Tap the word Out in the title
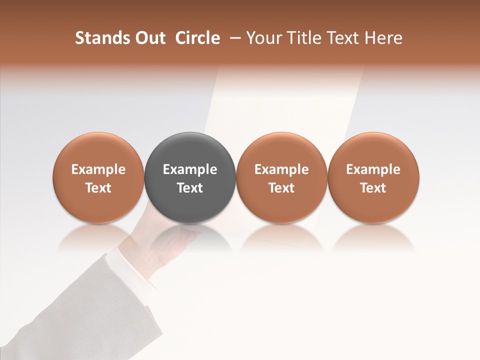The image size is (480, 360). click(x=149, y=38)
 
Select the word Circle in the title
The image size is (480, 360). click(x=197, y=38)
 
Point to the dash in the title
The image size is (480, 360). click(x=233, y=38)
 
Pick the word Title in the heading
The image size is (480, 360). click(x=303, y=38)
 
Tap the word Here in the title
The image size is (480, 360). click(x=383, y=38)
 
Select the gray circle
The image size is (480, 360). click(x=190, y=150)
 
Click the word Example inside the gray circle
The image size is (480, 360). click(x=190, y=169)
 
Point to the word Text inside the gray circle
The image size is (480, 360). click(x=190, y=188)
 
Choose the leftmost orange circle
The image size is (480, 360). click(x=98, y=150)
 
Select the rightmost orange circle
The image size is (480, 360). click(x=373, y=150)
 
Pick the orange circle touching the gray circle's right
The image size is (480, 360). click(x=281, y=150)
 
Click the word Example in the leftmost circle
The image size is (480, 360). click(x=98, y=169)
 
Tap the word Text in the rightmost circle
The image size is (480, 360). click(x=373, y=188)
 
